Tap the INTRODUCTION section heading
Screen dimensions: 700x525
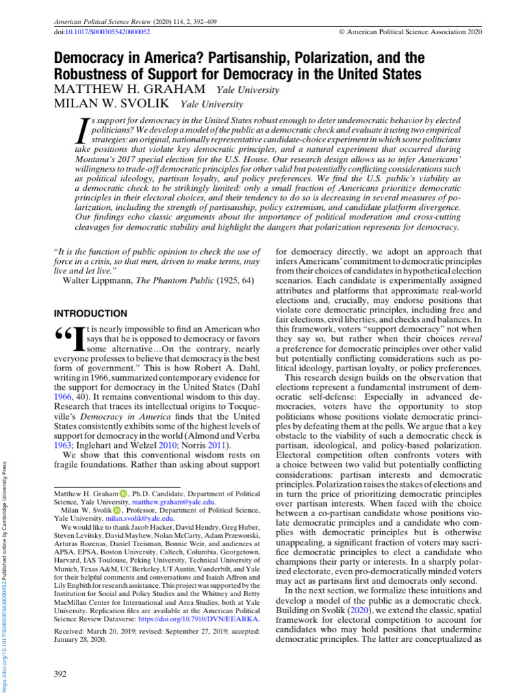90,314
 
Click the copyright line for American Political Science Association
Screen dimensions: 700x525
409,31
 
